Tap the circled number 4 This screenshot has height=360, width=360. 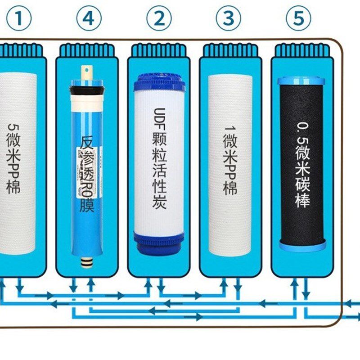(x=88, y=18)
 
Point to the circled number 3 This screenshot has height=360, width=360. (x=228, y=18)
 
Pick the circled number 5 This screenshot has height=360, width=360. (x=298, y=18)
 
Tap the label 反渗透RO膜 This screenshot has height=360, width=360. (x=88, y=173)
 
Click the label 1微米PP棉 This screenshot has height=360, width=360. (x=230, y=160)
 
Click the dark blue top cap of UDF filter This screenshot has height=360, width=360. (x=159, y=81)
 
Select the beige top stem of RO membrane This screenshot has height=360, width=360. (x=86, y=72)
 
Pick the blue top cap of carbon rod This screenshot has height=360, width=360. (x=301, y=81)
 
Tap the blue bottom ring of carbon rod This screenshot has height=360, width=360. (x=301, y=245)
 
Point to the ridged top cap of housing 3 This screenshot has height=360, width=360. (x=230, y=50)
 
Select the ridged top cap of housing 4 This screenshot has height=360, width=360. (x=87, y=50)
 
